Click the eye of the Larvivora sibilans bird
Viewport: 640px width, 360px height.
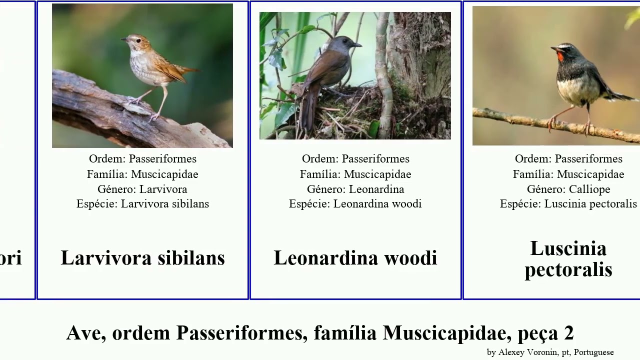130,39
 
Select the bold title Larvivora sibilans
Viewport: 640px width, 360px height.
142,258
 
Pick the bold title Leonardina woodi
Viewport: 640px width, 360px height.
355,258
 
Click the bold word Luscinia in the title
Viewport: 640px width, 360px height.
568,248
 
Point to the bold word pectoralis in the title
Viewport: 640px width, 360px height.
568,269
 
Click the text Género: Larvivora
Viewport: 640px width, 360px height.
142,189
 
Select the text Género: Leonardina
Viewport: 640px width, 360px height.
355,189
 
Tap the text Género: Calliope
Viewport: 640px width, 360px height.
568,189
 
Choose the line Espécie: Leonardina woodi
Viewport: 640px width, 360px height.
355,204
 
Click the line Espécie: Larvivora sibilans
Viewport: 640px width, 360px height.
142,204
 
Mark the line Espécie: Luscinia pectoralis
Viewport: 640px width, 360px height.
568,204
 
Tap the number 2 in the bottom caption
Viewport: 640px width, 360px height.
568,333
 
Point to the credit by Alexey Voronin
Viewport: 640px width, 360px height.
550,352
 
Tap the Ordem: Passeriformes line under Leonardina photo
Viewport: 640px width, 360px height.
355,159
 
